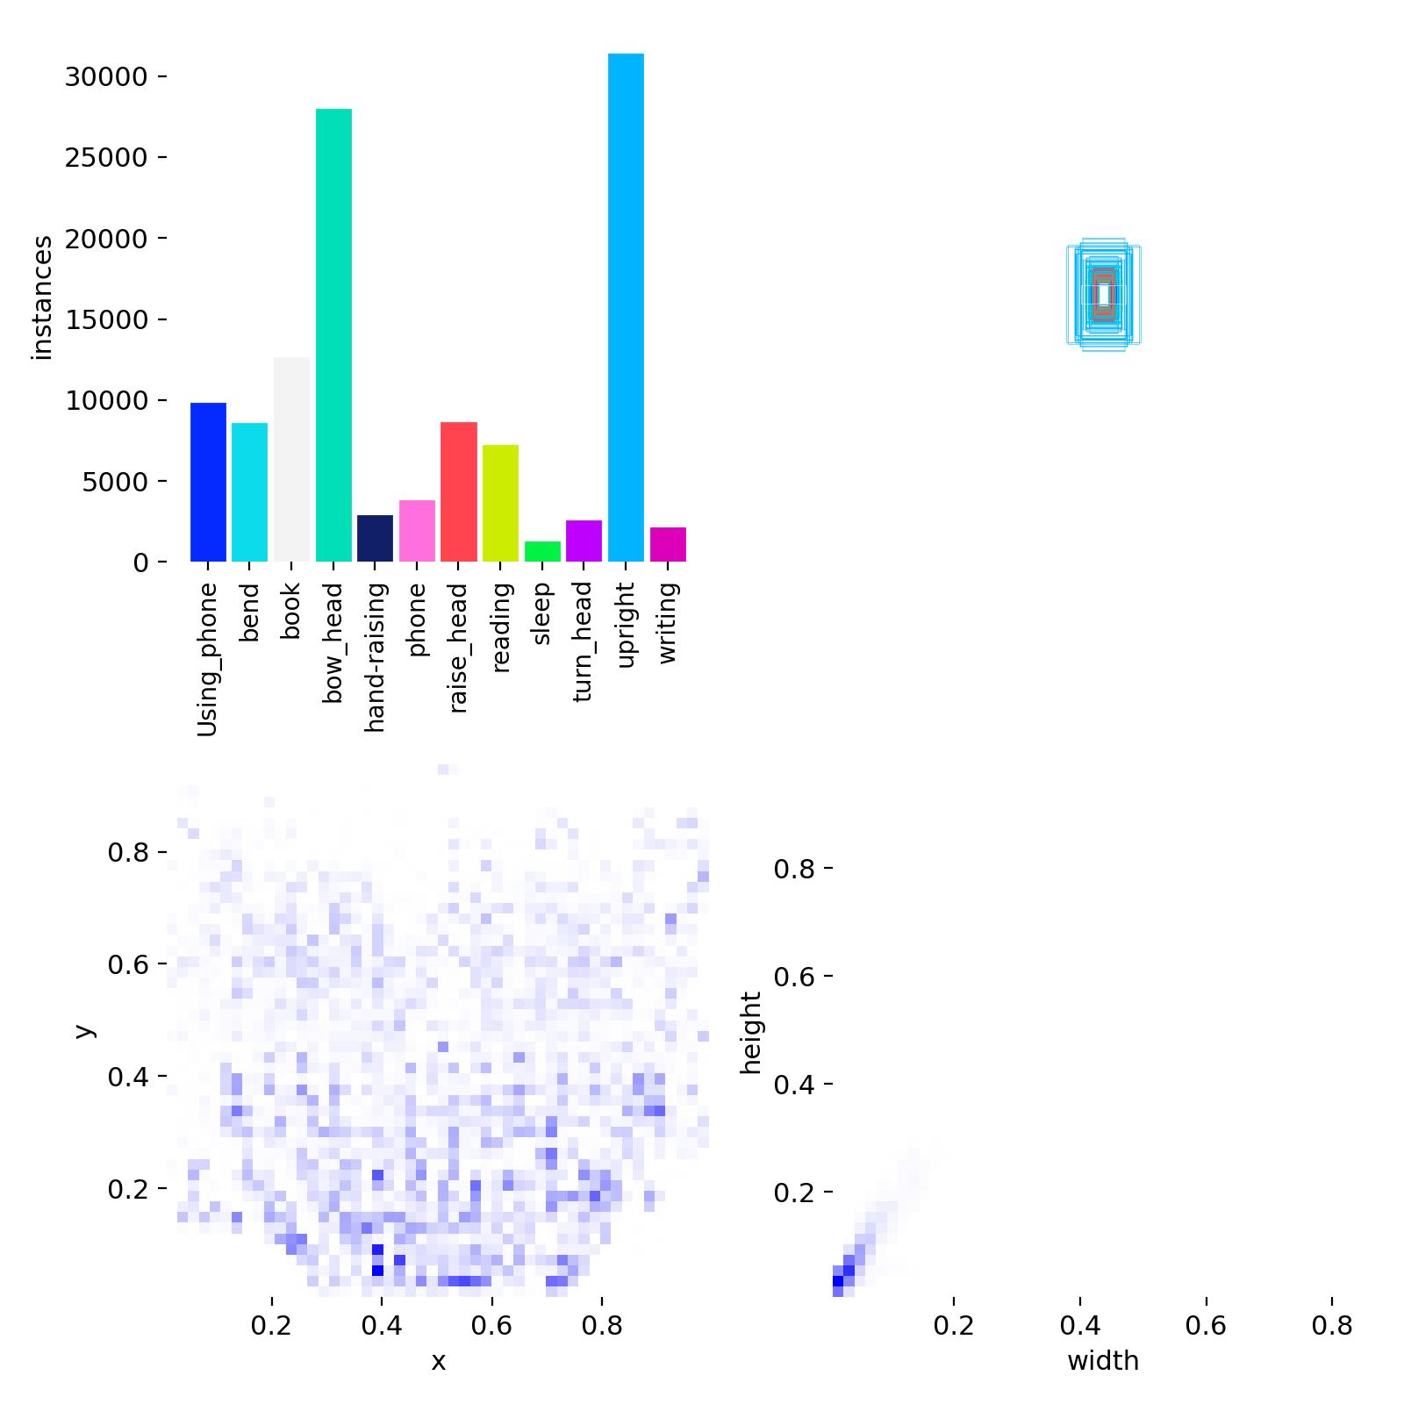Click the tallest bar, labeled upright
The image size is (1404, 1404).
[x=626, y=307]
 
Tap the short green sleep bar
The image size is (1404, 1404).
[x=542, y=552]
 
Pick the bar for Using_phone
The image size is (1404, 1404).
[x=208, y=482]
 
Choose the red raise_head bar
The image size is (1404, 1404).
[x=459, y=491]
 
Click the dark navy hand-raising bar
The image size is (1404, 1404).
[x=375, y=538]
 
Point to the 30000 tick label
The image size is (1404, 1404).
[x=105, y=77]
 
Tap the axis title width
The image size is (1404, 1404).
[x=1103, y=1361]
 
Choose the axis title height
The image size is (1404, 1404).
[x=752, y=1032]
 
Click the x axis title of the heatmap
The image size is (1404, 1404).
[x=439, y=1361]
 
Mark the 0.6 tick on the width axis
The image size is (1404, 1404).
[x=1206, y=1325]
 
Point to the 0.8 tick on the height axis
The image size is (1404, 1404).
[x=794, y=869]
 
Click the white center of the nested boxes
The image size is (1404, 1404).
[x=1104, y=293]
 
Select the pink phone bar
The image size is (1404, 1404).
[x=417, y=531]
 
